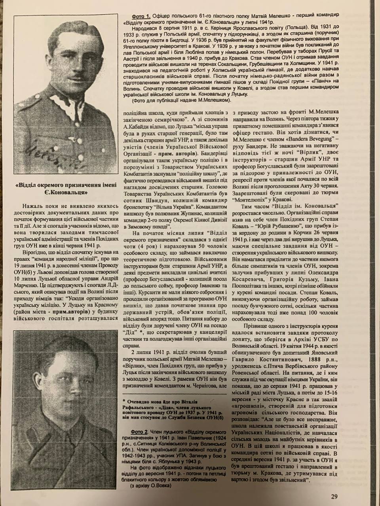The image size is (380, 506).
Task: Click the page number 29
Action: click(334, 497)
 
